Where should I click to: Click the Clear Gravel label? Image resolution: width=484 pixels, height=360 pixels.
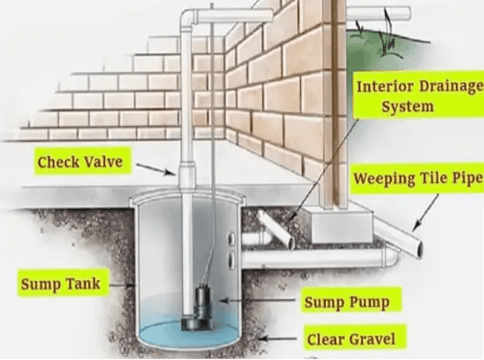(351, 338)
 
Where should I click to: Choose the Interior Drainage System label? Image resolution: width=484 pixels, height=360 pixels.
(417, 95)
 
